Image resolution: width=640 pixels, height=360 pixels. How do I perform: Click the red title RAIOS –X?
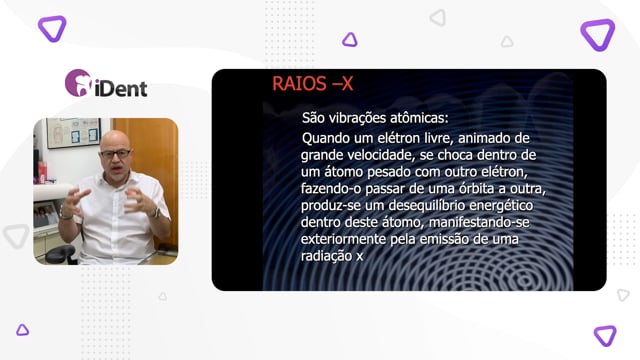coord(312,84)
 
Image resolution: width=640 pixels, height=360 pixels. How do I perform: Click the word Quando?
coord(326,138)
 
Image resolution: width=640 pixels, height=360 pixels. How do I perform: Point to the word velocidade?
coord(382,155)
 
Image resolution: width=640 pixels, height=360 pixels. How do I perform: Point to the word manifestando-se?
coord(479,222)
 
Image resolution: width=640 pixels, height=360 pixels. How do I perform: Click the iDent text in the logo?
coord(121,89)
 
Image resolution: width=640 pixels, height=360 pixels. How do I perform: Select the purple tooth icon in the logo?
coord(78,83)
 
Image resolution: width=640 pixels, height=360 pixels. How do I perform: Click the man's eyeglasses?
coord(115,154)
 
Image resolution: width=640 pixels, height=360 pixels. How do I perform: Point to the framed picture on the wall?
coord(73,133)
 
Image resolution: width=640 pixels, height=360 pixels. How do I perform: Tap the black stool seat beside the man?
coord(60,254)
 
